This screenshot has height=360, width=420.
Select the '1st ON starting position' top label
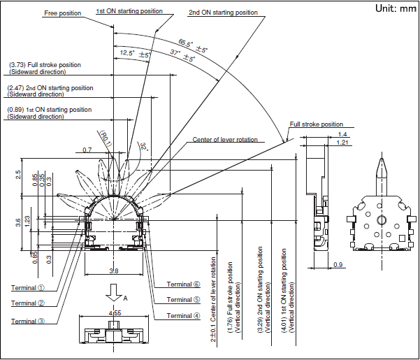click(x=129, y=12)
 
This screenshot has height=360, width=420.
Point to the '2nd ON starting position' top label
click(x=223, y=12)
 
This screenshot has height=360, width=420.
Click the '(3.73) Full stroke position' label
click(x=45, y=65)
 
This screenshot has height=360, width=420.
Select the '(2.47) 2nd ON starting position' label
click(x=50, y=87)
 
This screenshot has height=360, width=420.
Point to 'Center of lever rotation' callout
click(x=224, y=140)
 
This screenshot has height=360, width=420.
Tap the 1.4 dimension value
click(x=342, y=134)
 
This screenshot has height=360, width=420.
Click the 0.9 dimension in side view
click(x=338, y=264)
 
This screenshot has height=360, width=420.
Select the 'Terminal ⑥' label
click(x=183, y=285)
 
